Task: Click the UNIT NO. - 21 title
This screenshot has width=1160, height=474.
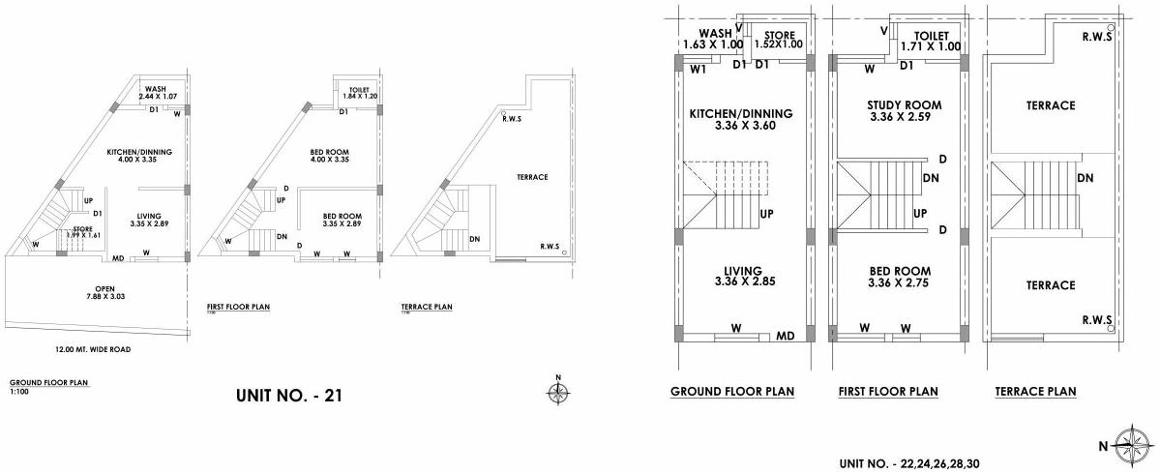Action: click(289, 395)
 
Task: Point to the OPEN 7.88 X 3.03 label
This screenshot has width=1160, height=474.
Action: click(98, 292)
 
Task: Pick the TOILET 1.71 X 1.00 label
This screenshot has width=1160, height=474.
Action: click(931, 40)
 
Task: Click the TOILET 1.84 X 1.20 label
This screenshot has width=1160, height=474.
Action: click(350, 93)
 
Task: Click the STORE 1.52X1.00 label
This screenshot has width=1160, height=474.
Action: click(779, 40)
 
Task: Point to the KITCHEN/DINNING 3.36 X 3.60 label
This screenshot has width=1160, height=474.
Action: click(740, 119)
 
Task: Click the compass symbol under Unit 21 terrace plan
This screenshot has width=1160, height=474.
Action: click(557, 391)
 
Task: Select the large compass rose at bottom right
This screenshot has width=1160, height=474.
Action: click(1127, 446)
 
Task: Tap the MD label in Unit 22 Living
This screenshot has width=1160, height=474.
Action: click(786, 336)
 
